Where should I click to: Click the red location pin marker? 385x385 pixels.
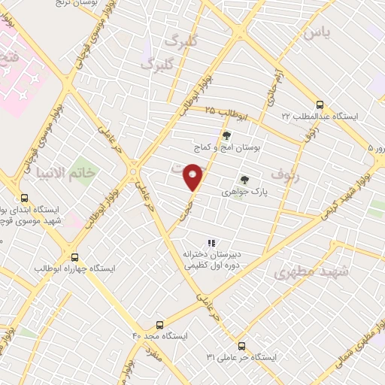[193, 176]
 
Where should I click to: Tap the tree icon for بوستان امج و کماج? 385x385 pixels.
[226, 136]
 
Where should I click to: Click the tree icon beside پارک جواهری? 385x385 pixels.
[243, 180]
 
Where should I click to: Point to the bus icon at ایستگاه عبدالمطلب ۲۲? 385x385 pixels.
[320, 105]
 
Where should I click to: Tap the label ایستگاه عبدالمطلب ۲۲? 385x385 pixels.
[320, 117]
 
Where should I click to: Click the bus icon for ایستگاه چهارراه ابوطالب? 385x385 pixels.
[73, 256]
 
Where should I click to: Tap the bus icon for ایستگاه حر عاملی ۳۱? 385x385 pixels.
[241, 346]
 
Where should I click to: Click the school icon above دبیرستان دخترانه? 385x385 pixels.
[211, 242]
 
